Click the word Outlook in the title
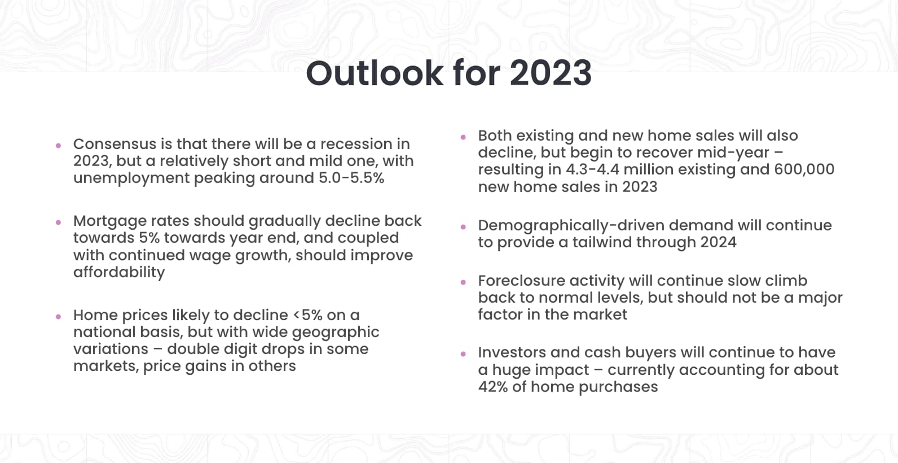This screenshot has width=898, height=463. click(x=375, y=73)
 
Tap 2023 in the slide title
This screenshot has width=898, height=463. click(x=551, y=73)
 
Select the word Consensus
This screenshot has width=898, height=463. click(x=115, y=144)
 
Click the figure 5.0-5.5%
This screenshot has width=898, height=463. click(x=351, y=178)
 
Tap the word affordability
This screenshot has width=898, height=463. click(x=119, y=273)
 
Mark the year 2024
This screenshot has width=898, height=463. click(x=719, y=243)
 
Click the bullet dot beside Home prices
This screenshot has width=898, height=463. click(x=59, y=317)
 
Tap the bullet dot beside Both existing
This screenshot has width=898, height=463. click(x=464, y=137)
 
